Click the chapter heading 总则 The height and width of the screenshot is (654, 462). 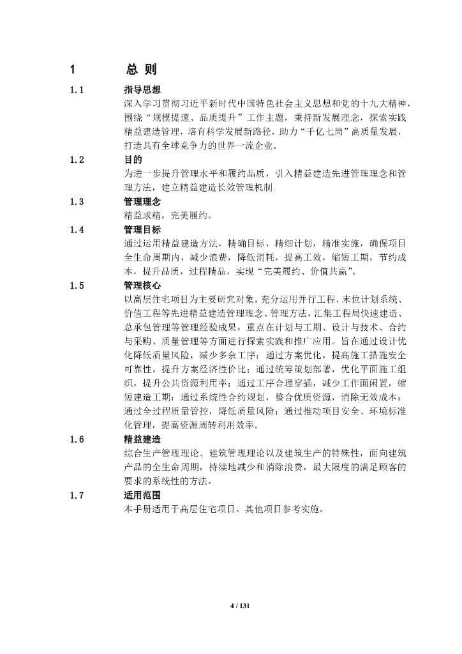[141, 70]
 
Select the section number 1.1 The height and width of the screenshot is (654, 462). [78, 90]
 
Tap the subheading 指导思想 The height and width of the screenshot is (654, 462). [142, 90]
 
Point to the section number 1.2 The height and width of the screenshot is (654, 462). [78, 160]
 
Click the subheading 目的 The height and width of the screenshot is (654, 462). [133, 160]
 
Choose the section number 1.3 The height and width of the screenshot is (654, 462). [78, 202]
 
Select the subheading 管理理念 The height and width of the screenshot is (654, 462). [142, 202]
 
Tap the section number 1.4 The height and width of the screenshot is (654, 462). [78, 229]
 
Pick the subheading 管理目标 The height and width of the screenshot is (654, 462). [142, 229]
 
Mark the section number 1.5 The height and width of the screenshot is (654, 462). [78, 285]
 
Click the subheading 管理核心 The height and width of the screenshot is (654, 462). [142, 285]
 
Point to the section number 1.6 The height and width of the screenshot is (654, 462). [78, 439]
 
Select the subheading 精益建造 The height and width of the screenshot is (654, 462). [142, 439]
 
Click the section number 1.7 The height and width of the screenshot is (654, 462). [78, 495]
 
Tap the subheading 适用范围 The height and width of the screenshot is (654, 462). [142, 495]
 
